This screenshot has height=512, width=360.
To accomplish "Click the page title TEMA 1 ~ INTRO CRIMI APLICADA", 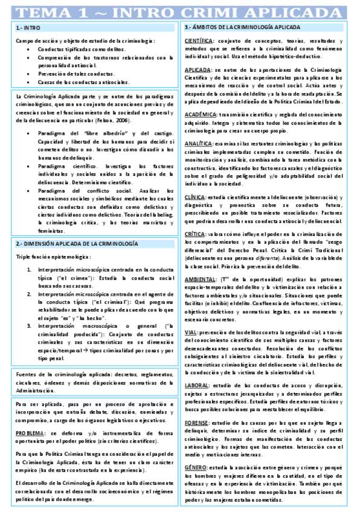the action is [x=179, y=11].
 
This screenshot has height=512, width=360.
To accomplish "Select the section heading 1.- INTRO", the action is [x=28, y=28].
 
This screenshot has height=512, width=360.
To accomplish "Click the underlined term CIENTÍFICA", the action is [x=198, y=40].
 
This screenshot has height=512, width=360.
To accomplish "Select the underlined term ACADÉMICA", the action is [x=200, y=115].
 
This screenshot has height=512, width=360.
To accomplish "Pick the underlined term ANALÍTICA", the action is [x=198, y=144].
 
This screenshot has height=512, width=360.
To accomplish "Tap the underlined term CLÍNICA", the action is [x=194, y=197].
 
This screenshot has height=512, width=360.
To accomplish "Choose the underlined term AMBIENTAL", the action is [x=201, y=280].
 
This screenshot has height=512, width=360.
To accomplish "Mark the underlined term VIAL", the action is [x=190, y=333].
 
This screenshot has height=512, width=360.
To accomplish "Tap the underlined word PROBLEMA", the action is [x=28, y=432].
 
